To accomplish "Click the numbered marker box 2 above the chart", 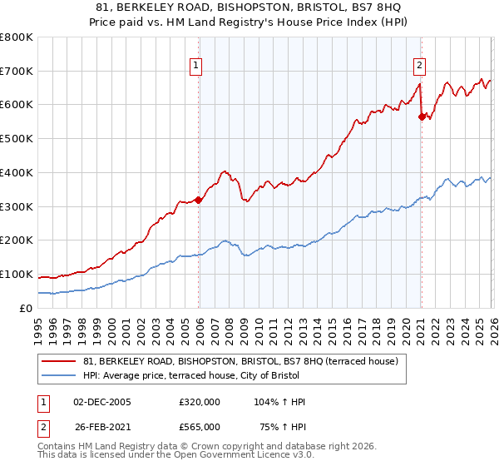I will click(419, 64).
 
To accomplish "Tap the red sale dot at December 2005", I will click(199, 200).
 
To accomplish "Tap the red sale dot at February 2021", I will click(422, 117).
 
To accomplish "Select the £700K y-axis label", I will click(17, 71).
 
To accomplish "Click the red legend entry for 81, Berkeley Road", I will click(241, 361).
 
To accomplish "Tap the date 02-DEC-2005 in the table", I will click(102, 402).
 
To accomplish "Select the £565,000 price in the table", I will click(199, 426).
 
